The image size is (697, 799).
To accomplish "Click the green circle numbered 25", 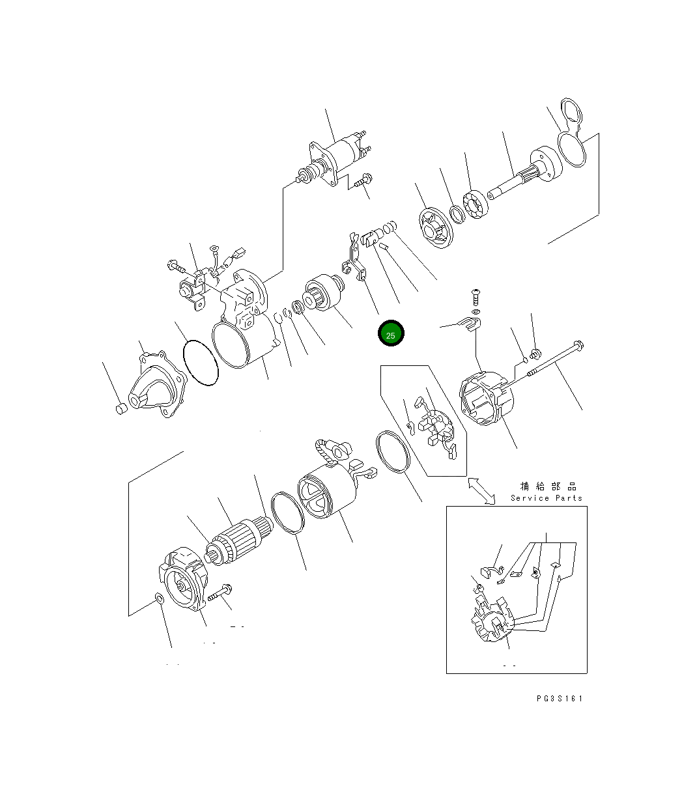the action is pos(390,333).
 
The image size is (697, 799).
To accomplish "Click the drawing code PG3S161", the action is pos(559,698).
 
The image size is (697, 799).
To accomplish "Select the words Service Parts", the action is pos(546,498).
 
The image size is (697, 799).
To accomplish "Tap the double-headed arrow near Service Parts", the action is pos(481,490).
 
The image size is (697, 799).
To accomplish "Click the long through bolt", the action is pos(555,359).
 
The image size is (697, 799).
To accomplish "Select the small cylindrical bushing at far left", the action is pos(122,409).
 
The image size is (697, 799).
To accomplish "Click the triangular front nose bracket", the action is pos(158,384).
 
